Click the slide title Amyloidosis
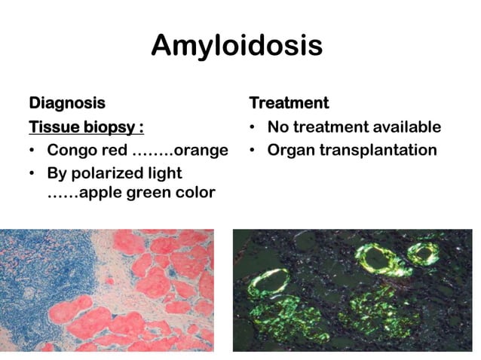click(237, 45)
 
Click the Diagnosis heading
click(66, 102)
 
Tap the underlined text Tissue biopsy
click(86, 127)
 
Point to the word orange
click(201, 150)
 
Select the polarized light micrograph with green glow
click(352, 290)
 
